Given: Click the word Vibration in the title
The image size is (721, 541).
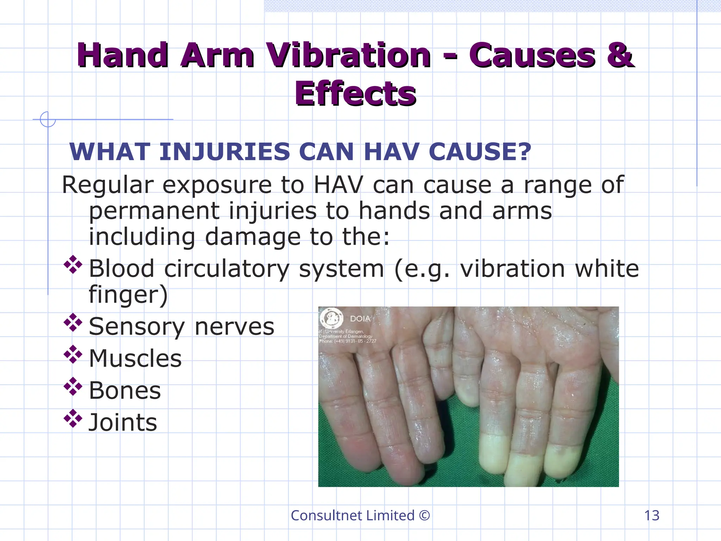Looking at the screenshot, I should pos(348,55).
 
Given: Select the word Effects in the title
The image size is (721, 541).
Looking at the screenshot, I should pos(356,94).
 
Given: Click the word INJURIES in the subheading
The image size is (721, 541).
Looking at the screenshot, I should pos(225,152).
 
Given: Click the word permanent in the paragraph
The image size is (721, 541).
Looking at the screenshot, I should pos(154,211).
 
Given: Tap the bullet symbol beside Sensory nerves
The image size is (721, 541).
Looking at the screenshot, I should pos(73,323).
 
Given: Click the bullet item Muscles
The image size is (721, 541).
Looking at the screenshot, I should pos(135,359).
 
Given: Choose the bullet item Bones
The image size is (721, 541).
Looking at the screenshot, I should pos(125,391).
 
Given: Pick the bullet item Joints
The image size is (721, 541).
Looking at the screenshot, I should pos(123,423).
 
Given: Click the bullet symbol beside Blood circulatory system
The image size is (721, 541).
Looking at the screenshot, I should pos(73,265).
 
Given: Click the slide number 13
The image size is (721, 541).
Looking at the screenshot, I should pos(652,516).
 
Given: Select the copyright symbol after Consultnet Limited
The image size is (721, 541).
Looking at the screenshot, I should pos(425,516).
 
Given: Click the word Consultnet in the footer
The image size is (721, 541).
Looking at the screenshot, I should pos(327,516).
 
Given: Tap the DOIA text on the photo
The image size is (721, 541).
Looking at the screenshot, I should pos(360,319).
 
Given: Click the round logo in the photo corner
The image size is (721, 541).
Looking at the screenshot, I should pos(331,318).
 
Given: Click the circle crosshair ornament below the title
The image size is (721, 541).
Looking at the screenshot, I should pos(48,119).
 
